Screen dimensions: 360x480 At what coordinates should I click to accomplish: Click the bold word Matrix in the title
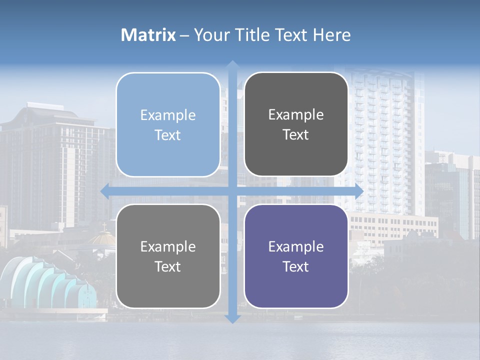pyautogui.click(x=148, y=35)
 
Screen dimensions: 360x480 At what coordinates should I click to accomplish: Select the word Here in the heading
pyautogui.click(x=332, y=35)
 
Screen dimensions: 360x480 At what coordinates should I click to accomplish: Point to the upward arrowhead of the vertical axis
pyautogui.click(x=232, y=64)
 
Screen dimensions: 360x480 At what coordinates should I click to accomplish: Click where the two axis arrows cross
pyautogui.click(x=232, y=191)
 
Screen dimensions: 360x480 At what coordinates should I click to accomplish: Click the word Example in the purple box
pyautogui.click(x=296, y=246)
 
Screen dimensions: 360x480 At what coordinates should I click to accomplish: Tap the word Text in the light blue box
pyautogui.click(x=168, y=135)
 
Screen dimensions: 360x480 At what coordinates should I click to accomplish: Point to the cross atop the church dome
pyautogui.click(x=104, y=226)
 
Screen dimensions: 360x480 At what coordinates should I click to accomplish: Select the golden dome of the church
pyautogui.click(x=103, y=238)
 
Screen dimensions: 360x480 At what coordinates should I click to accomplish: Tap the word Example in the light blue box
pyautogui.click(x=168, y=115)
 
